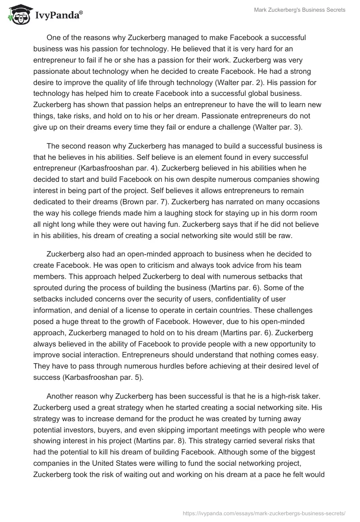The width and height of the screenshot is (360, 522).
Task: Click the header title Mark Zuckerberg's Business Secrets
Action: click(x=299, y=10)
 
